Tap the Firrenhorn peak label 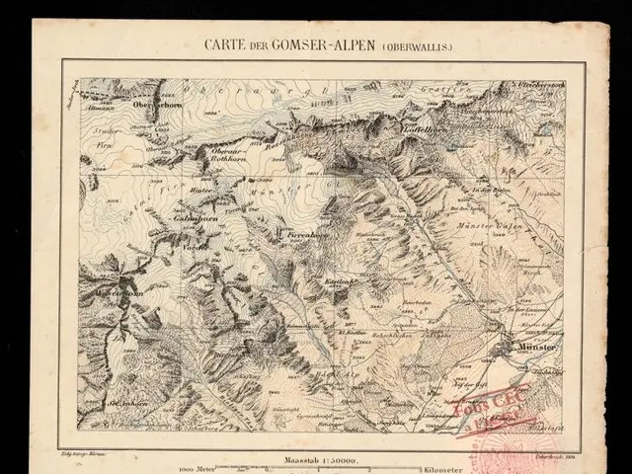[305, 237]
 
